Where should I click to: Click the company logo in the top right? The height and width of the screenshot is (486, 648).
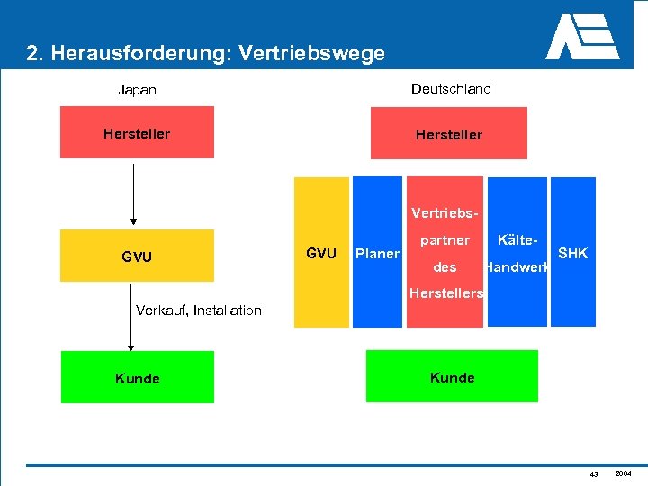click(582, 37)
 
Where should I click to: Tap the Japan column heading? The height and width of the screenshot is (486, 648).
click(138, 90)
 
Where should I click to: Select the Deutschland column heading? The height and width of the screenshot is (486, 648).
click(451, 88)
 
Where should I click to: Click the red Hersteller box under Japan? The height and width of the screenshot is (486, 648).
click(137, 132)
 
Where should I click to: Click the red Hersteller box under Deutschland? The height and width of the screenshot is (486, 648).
click(448, 133)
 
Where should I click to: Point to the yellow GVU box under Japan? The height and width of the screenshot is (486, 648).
click(137, 256)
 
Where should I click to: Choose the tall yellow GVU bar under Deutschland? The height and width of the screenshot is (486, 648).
click(321, 253)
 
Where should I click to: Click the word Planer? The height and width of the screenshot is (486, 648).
click(378, 254)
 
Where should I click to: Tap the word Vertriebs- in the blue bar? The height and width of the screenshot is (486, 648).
click(446, 214)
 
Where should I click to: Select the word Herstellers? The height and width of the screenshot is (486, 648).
click(445, 293)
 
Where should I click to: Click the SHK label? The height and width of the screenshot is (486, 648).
click(573, 254)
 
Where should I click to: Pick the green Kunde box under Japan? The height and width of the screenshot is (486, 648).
click(137, 377)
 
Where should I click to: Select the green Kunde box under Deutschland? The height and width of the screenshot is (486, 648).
click(452, 376)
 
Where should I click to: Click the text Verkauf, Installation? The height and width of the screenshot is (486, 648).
click(198, 310)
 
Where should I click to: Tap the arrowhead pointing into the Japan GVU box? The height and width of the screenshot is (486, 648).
click(133, 220)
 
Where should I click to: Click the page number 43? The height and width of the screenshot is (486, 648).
click(594, 474)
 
